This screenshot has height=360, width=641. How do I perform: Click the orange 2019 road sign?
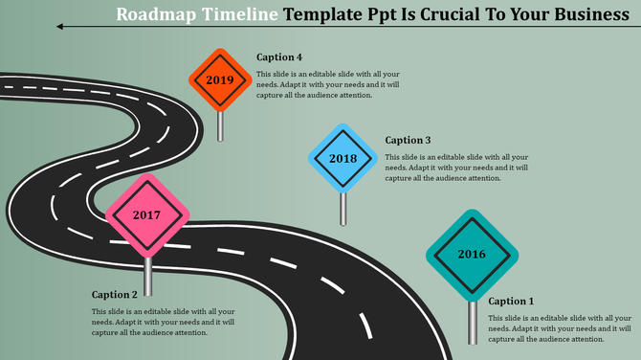220,79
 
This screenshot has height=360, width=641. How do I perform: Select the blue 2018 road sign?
343,158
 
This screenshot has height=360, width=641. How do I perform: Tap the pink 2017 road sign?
146,215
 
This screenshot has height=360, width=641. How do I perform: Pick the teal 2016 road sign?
472,255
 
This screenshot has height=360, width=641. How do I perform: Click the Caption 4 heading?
279,57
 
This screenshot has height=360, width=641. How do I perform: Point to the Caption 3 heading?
409,140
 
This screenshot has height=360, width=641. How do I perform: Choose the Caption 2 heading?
115,295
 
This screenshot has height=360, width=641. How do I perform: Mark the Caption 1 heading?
512,302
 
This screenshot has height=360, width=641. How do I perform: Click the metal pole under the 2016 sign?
472,322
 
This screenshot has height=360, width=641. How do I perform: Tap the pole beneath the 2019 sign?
221,126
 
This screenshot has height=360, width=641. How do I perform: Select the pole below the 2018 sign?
343,208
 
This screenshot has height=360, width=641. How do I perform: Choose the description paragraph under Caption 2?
163,322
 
